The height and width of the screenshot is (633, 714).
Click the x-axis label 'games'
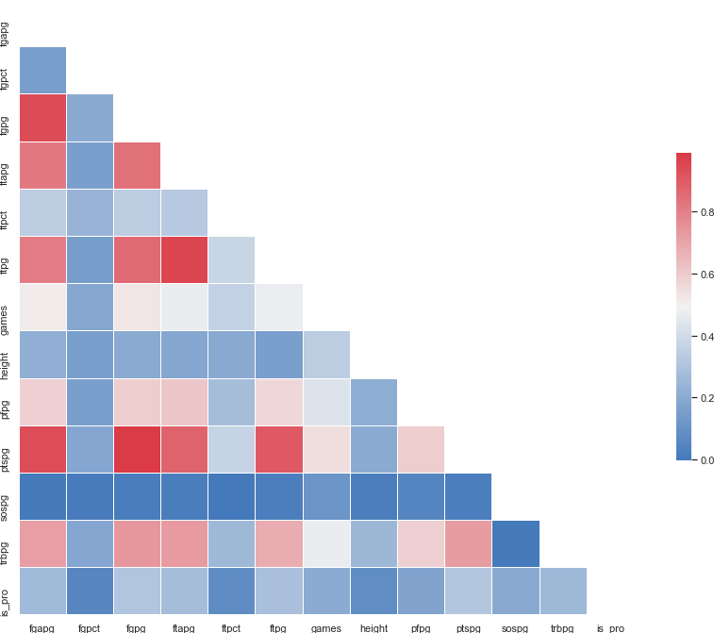[x=326, y=626]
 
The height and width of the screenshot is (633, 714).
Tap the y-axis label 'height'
[x=8, y=355]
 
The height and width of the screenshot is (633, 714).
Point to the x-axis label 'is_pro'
[x=610, y=626]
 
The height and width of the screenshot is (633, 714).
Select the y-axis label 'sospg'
[x=8, y=496]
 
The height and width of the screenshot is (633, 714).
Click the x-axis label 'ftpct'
[x=231, y=626]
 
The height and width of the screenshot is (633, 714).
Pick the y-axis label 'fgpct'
[x=8, y=71]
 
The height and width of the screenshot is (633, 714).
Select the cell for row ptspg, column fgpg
[x=137, y=449]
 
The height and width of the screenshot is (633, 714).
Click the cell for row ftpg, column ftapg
[x=184, y=259]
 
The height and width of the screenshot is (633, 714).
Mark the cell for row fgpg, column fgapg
[x=42, y=118]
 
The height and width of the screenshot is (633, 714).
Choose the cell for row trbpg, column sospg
[x=516, y=543]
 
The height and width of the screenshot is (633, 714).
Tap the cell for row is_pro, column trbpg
[x=563, y=591]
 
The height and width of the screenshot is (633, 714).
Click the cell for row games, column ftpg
[x=279, y=307]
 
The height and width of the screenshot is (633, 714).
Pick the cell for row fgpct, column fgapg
[x=42, y=71]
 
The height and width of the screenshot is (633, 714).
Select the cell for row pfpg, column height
[x=374, y=402]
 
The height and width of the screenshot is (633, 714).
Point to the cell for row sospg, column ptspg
[x=469, y=496]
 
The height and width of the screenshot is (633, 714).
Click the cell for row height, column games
[x=326, y=355]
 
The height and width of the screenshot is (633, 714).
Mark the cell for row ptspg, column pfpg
[x=421, y=449]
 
